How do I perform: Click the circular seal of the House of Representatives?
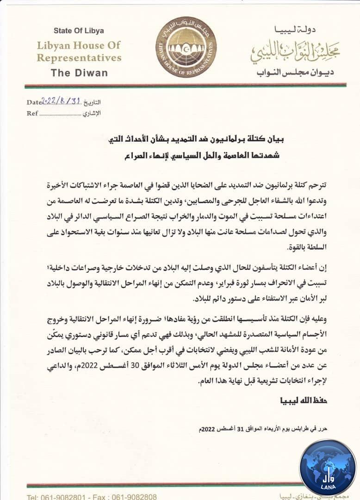(x=186, y=48)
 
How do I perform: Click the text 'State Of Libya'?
(x=79, y=31)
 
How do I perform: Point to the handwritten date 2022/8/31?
(x=61, y=101)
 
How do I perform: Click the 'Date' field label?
(x=33, y=103)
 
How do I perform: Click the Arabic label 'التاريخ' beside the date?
(x=91, y=103)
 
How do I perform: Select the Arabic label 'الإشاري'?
(x=92, y=113)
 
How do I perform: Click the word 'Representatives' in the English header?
(x=79, y=58)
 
